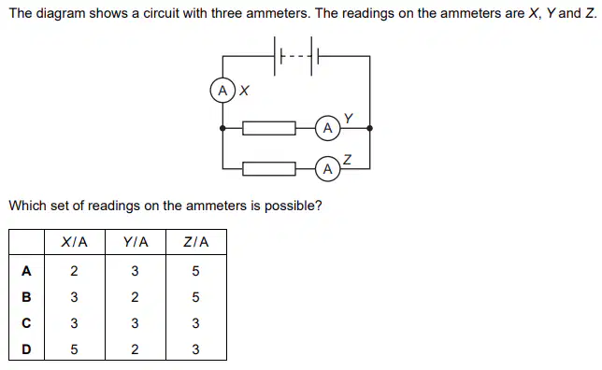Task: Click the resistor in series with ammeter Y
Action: click(269, 128)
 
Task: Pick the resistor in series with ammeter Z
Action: click(269, 169)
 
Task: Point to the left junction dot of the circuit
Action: click(222, 128)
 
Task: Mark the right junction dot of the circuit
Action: click(370, 128)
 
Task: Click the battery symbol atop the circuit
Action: click(296, 56)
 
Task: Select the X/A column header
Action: click(75, 242)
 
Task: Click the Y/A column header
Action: click(136, 242)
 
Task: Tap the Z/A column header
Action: click(196, 242)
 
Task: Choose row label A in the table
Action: click(26, 271)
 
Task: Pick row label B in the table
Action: click(26, 297)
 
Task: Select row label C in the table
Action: click(26, 323)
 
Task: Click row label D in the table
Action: click(26, 349)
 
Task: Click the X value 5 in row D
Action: click(74, 349)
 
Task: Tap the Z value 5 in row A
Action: click(195, 271)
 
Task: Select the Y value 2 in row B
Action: click(135, 297)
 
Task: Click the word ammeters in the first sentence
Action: click(278, 13)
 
